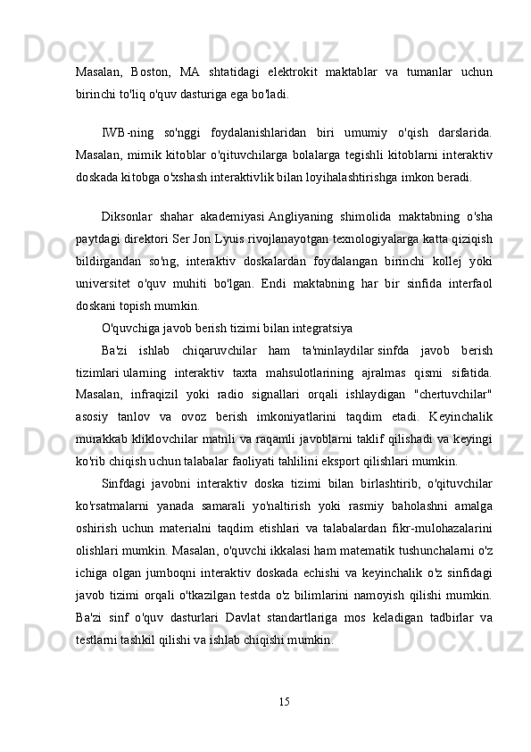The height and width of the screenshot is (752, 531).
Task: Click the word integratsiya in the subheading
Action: click(x=318, y=327)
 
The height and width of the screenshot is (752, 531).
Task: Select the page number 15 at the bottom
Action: click(x=283, y=698)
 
